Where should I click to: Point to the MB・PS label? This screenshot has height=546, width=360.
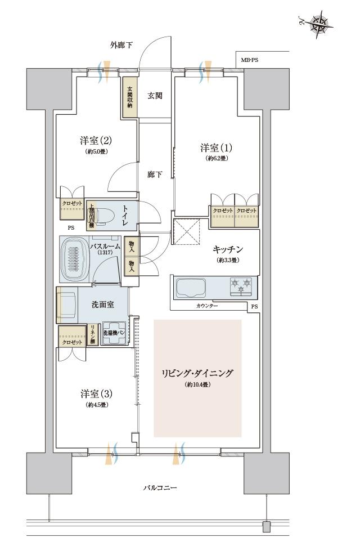coord(250,60)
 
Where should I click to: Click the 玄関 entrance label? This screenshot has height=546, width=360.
coord(155,96)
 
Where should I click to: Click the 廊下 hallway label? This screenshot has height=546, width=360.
coord(155,174)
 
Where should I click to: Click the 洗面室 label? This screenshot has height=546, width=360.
coord(103,305)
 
